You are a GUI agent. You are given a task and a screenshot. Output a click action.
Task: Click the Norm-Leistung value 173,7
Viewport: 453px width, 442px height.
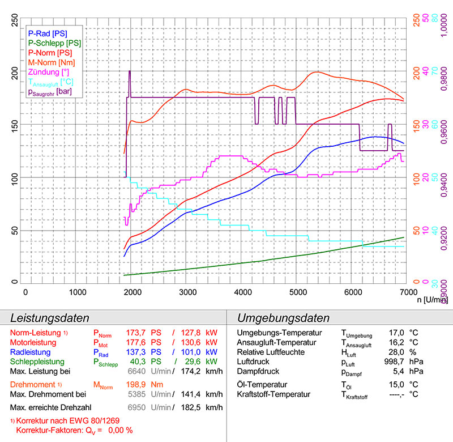click(142, 333)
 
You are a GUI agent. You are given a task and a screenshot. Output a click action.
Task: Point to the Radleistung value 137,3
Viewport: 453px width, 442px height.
click(142, 352)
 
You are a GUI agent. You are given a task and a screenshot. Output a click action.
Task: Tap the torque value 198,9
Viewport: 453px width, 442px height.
click(142, 385)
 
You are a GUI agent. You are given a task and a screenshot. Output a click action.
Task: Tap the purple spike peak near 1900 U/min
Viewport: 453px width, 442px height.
click(130, 71)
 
